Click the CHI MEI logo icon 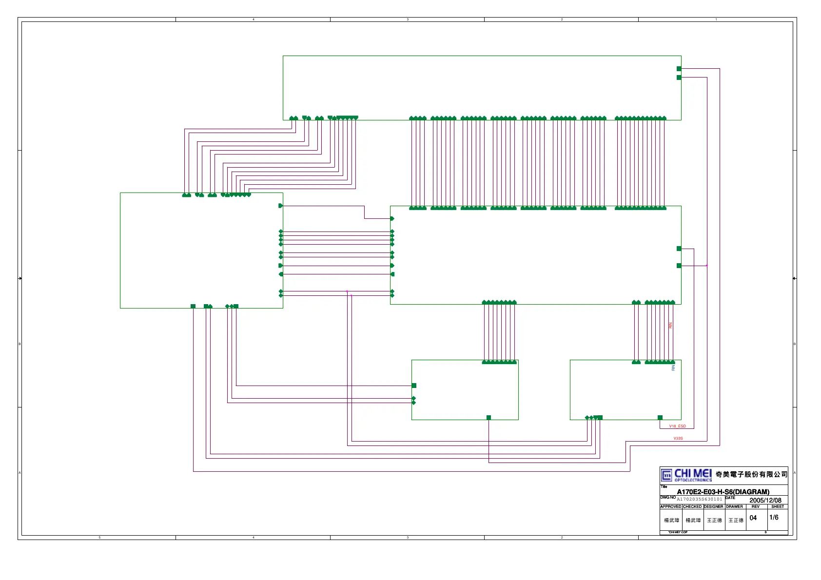click(666, 475)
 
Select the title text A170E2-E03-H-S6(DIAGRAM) click(723, 492)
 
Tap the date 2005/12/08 click(765, 500)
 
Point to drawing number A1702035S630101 click(700, 499)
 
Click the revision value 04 click(753, 518)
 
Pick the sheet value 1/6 click(774, 518)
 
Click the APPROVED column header click(671, 506)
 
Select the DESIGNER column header click(714, 506)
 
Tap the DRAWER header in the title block click(735, 506)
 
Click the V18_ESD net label click(677, 426)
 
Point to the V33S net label click(678, 439)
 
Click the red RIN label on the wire click(671, 325)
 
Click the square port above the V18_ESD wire click(660, 418)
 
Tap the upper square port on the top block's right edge click(679, 69)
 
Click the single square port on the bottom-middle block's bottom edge click(489, 418)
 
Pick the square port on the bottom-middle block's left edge click(414, 386)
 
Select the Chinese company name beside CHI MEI click(751, 474)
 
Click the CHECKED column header click(692, 506)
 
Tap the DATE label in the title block click(730, 498)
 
